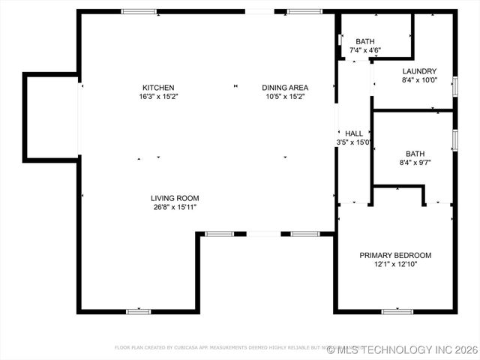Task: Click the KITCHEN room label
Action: (x=158, y=87)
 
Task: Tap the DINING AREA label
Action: (x=285, y=87)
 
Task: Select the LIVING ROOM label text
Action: (x=175, y=198)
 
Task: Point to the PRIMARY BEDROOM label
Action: (x=395, y=255)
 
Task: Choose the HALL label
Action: (x=354, y=133)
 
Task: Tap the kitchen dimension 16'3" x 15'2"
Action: (x=158, y=97)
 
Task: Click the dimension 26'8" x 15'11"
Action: (x=175, y=208)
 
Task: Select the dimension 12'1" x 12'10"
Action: (x=395, y=265)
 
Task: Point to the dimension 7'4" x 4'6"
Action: (x=365, y=50)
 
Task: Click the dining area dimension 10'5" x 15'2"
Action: (x=285, y=97)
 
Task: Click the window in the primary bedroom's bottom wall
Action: (x=397, y=311)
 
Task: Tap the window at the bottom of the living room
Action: (x=138, y=311)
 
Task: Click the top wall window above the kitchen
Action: (x=139, y=11)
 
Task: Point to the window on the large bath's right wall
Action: (x=454, y=139)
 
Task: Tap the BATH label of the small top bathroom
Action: (x=365, y=41)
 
